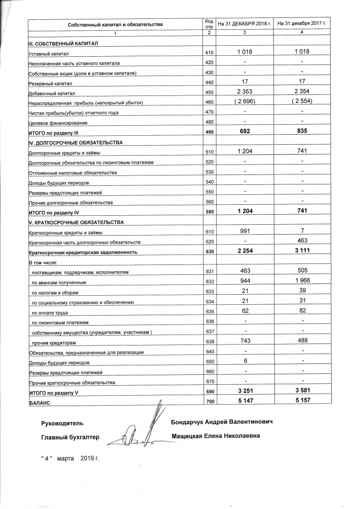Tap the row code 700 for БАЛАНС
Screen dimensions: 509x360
click(x=209, y=401)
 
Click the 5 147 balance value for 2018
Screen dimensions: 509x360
click(x=245, y=401)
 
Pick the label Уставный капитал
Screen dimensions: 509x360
click(x=49, y=54)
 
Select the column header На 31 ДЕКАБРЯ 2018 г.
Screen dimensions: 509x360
click(x=245, y=24)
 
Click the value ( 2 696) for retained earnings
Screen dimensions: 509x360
click(x=245, y=102)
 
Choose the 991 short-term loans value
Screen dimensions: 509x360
click(x=245, y=231)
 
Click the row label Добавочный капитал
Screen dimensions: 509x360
click(x=51, y=93)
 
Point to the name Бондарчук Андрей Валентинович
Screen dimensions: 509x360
click(x=222, y=422)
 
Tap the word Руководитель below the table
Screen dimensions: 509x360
click(x=62, y=424)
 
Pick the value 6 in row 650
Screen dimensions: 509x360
click(x=245, y=360)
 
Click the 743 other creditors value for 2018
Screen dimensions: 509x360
click(x=245, y=340)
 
